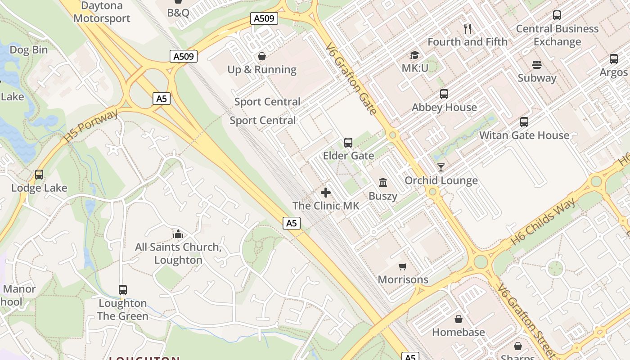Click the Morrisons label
click(x=403, y=279)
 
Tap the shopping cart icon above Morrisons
click(x=403, y=266)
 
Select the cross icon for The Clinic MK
click(x=326, y=193)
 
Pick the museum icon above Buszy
click(x=383, y=182)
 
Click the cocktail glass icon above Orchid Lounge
click(x=441, y=167)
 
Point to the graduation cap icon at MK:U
click(x=414, y=55)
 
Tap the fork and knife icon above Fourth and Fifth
click(x=468, y=29)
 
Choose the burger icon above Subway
click(x=536, y=64)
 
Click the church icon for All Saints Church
click(x=178, y=234)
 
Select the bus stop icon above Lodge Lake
click(x=39, y=175)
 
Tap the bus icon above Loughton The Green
click(x=123, y=290)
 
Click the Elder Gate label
click(x=348, y=156)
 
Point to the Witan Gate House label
click(x=524, y=135)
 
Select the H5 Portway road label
click(x=91, y=126)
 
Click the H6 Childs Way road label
click(x=543, y=221)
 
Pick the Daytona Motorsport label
click(x=102, y=12)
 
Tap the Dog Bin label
click(x=28, y=50)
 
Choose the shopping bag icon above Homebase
click(x=458, y=319)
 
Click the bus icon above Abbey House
click(x=444, y=94)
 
